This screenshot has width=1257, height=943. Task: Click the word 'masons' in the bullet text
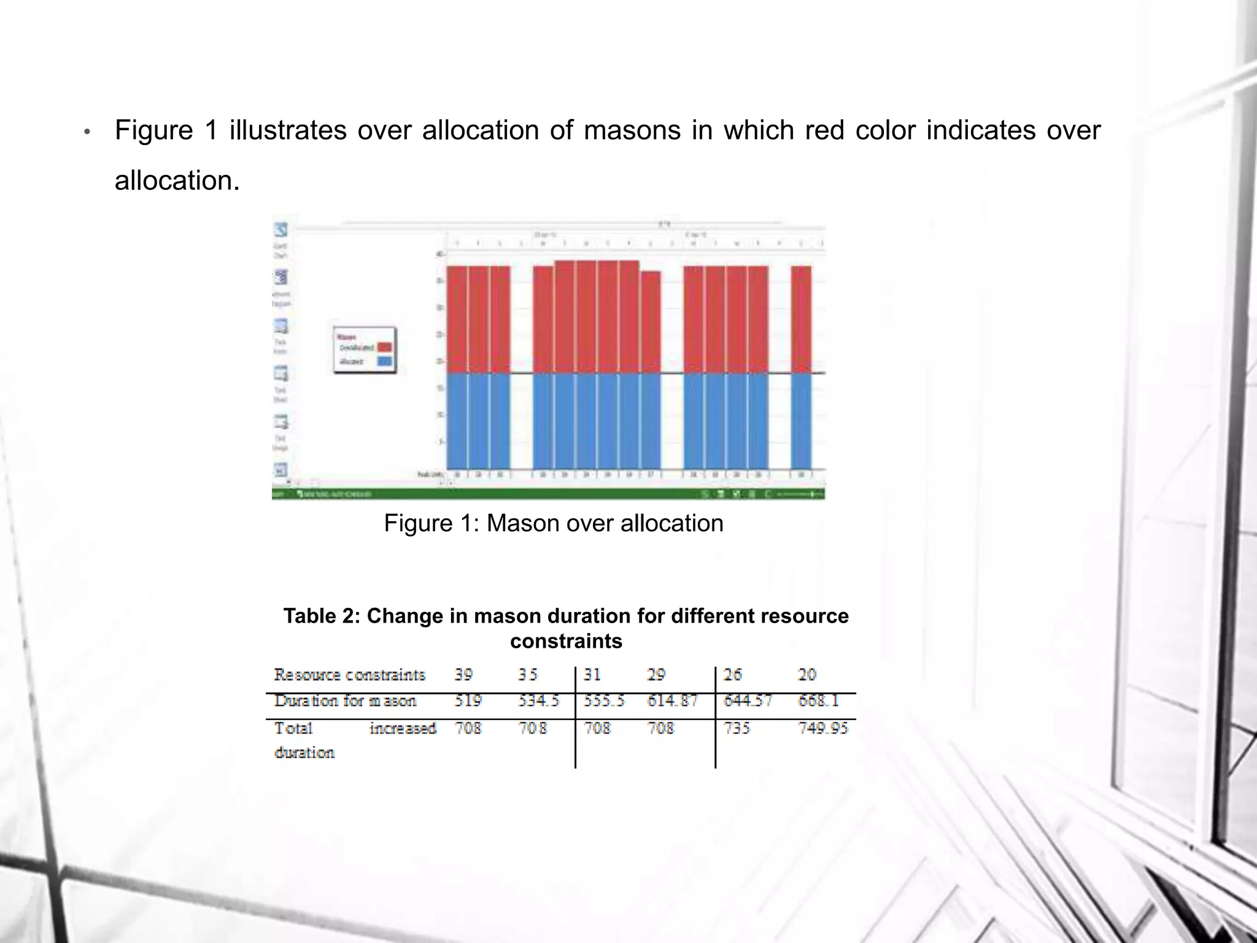632,131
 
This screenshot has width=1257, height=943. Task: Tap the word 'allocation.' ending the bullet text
177,181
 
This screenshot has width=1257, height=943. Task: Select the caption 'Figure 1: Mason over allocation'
554,524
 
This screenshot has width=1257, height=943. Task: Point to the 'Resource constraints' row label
349,675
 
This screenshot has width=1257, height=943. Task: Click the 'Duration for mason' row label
345,700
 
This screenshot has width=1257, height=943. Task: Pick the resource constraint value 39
463,675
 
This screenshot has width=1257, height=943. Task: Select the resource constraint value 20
806,675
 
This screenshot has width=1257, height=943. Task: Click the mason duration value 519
468,700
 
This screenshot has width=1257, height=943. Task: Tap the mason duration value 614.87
672,700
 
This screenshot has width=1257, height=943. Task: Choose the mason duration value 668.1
818,700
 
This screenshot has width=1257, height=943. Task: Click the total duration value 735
737,728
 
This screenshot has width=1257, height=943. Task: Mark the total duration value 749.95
822,728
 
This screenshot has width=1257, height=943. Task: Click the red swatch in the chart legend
385,347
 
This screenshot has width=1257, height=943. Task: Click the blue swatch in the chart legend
385,361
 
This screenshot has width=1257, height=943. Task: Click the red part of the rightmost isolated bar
801,319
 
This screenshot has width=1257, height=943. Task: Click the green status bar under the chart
548,494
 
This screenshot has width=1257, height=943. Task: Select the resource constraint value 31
592,675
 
